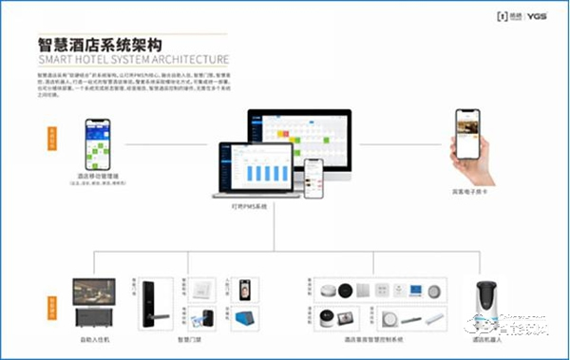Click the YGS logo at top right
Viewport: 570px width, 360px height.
coord(539,15)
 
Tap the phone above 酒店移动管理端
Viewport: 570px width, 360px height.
coord(97,142)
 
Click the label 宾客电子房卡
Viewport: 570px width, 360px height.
coord(469,191)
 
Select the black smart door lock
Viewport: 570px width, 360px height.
coord(150,302)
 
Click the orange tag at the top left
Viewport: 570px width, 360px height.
coord(51,136)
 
